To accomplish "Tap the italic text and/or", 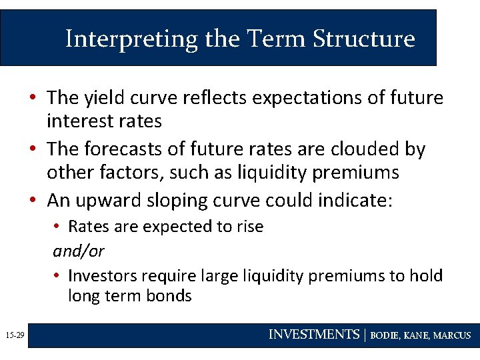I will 79,251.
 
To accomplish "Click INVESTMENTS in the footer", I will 313,335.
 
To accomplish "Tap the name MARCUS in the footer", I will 452,335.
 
